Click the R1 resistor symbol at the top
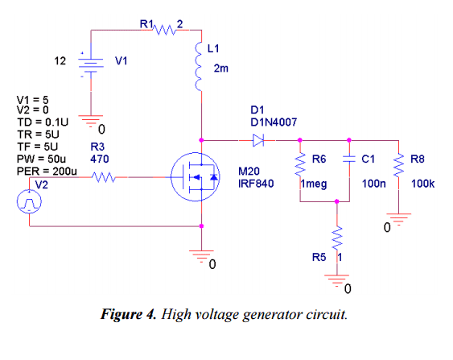coord(164,30)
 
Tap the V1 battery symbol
coord(91,63)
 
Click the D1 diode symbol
coord(257,140)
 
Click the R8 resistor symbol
coord(398,166)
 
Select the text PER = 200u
coord(46,171)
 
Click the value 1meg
coord(313,184)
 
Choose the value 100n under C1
coord(373,184)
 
